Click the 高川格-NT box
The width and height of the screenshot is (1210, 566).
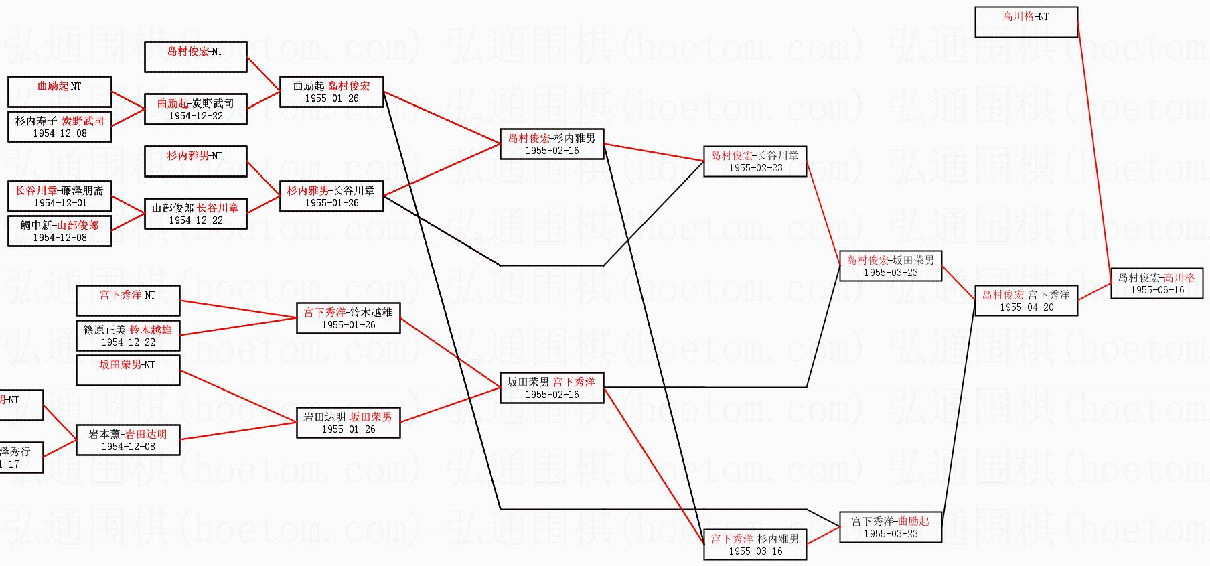1025,21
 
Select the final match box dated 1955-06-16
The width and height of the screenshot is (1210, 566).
1156,283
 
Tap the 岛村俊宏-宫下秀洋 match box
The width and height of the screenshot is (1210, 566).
1026,300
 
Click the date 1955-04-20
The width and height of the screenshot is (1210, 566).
1027,307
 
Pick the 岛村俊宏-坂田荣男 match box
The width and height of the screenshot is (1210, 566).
890,265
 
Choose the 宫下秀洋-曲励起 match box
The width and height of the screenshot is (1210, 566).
890,526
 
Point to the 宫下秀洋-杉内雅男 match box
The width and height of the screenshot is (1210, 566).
755,544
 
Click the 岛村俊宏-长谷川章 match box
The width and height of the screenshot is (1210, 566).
755,161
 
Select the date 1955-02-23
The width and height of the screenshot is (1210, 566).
755,168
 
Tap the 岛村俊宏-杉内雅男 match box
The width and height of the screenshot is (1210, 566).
551,143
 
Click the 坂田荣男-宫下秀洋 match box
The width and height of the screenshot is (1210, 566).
551,387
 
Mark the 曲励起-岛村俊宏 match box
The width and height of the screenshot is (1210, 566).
331,91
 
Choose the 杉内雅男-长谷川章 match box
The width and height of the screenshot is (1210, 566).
331,196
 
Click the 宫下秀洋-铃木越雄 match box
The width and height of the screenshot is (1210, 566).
348,317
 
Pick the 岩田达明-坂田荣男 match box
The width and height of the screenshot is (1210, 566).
348,422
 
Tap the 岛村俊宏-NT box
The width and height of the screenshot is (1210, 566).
196,56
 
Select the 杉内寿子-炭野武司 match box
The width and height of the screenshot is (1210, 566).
60,126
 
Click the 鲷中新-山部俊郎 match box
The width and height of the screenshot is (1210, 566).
60,230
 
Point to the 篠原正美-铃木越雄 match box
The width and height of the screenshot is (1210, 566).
128,335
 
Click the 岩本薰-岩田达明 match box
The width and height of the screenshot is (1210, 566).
128,439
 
